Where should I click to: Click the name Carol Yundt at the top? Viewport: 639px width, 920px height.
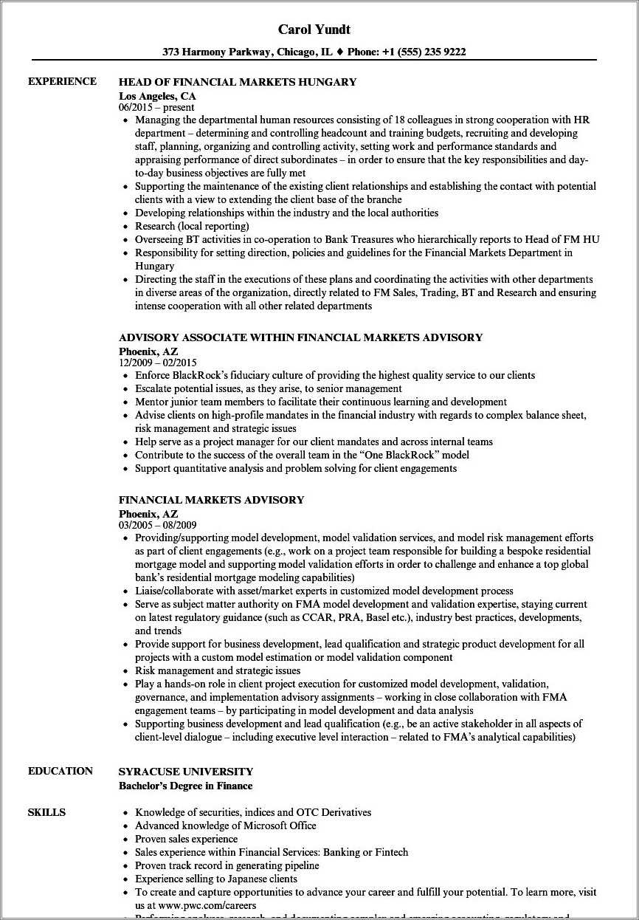pos(314,30)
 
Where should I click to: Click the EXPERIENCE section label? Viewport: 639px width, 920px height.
pos(62,81)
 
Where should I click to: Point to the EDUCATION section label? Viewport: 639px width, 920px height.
pos(61,771)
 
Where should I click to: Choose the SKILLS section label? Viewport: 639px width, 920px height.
pos(46,812)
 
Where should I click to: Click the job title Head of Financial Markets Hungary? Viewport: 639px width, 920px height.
pos(237,82)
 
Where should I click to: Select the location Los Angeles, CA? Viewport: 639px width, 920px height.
pos(157,95)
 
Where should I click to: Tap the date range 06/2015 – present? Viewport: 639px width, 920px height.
pos(156,107)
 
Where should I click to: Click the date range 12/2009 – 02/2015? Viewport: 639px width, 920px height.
pos(157,363)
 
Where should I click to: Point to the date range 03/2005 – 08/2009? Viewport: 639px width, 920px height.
pos(157,525)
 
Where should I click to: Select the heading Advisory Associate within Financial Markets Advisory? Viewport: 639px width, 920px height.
pos(300,337)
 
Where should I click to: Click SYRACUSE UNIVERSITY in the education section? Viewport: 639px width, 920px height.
pos(185,772)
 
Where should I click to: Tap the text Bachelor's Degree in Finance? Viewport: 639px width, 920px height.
pos(185,786)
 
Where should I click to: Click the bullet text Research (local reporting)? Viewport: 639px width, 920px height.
pos(192,226)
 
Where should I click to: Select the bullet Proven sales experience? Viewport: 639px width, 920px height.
pos(186,839)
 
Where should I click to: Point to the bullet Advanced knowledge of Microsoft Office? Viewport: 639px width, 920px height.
pos(225,825)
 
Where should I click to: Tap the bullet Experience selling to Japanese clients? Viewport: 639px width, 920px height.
pos(216,879)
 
